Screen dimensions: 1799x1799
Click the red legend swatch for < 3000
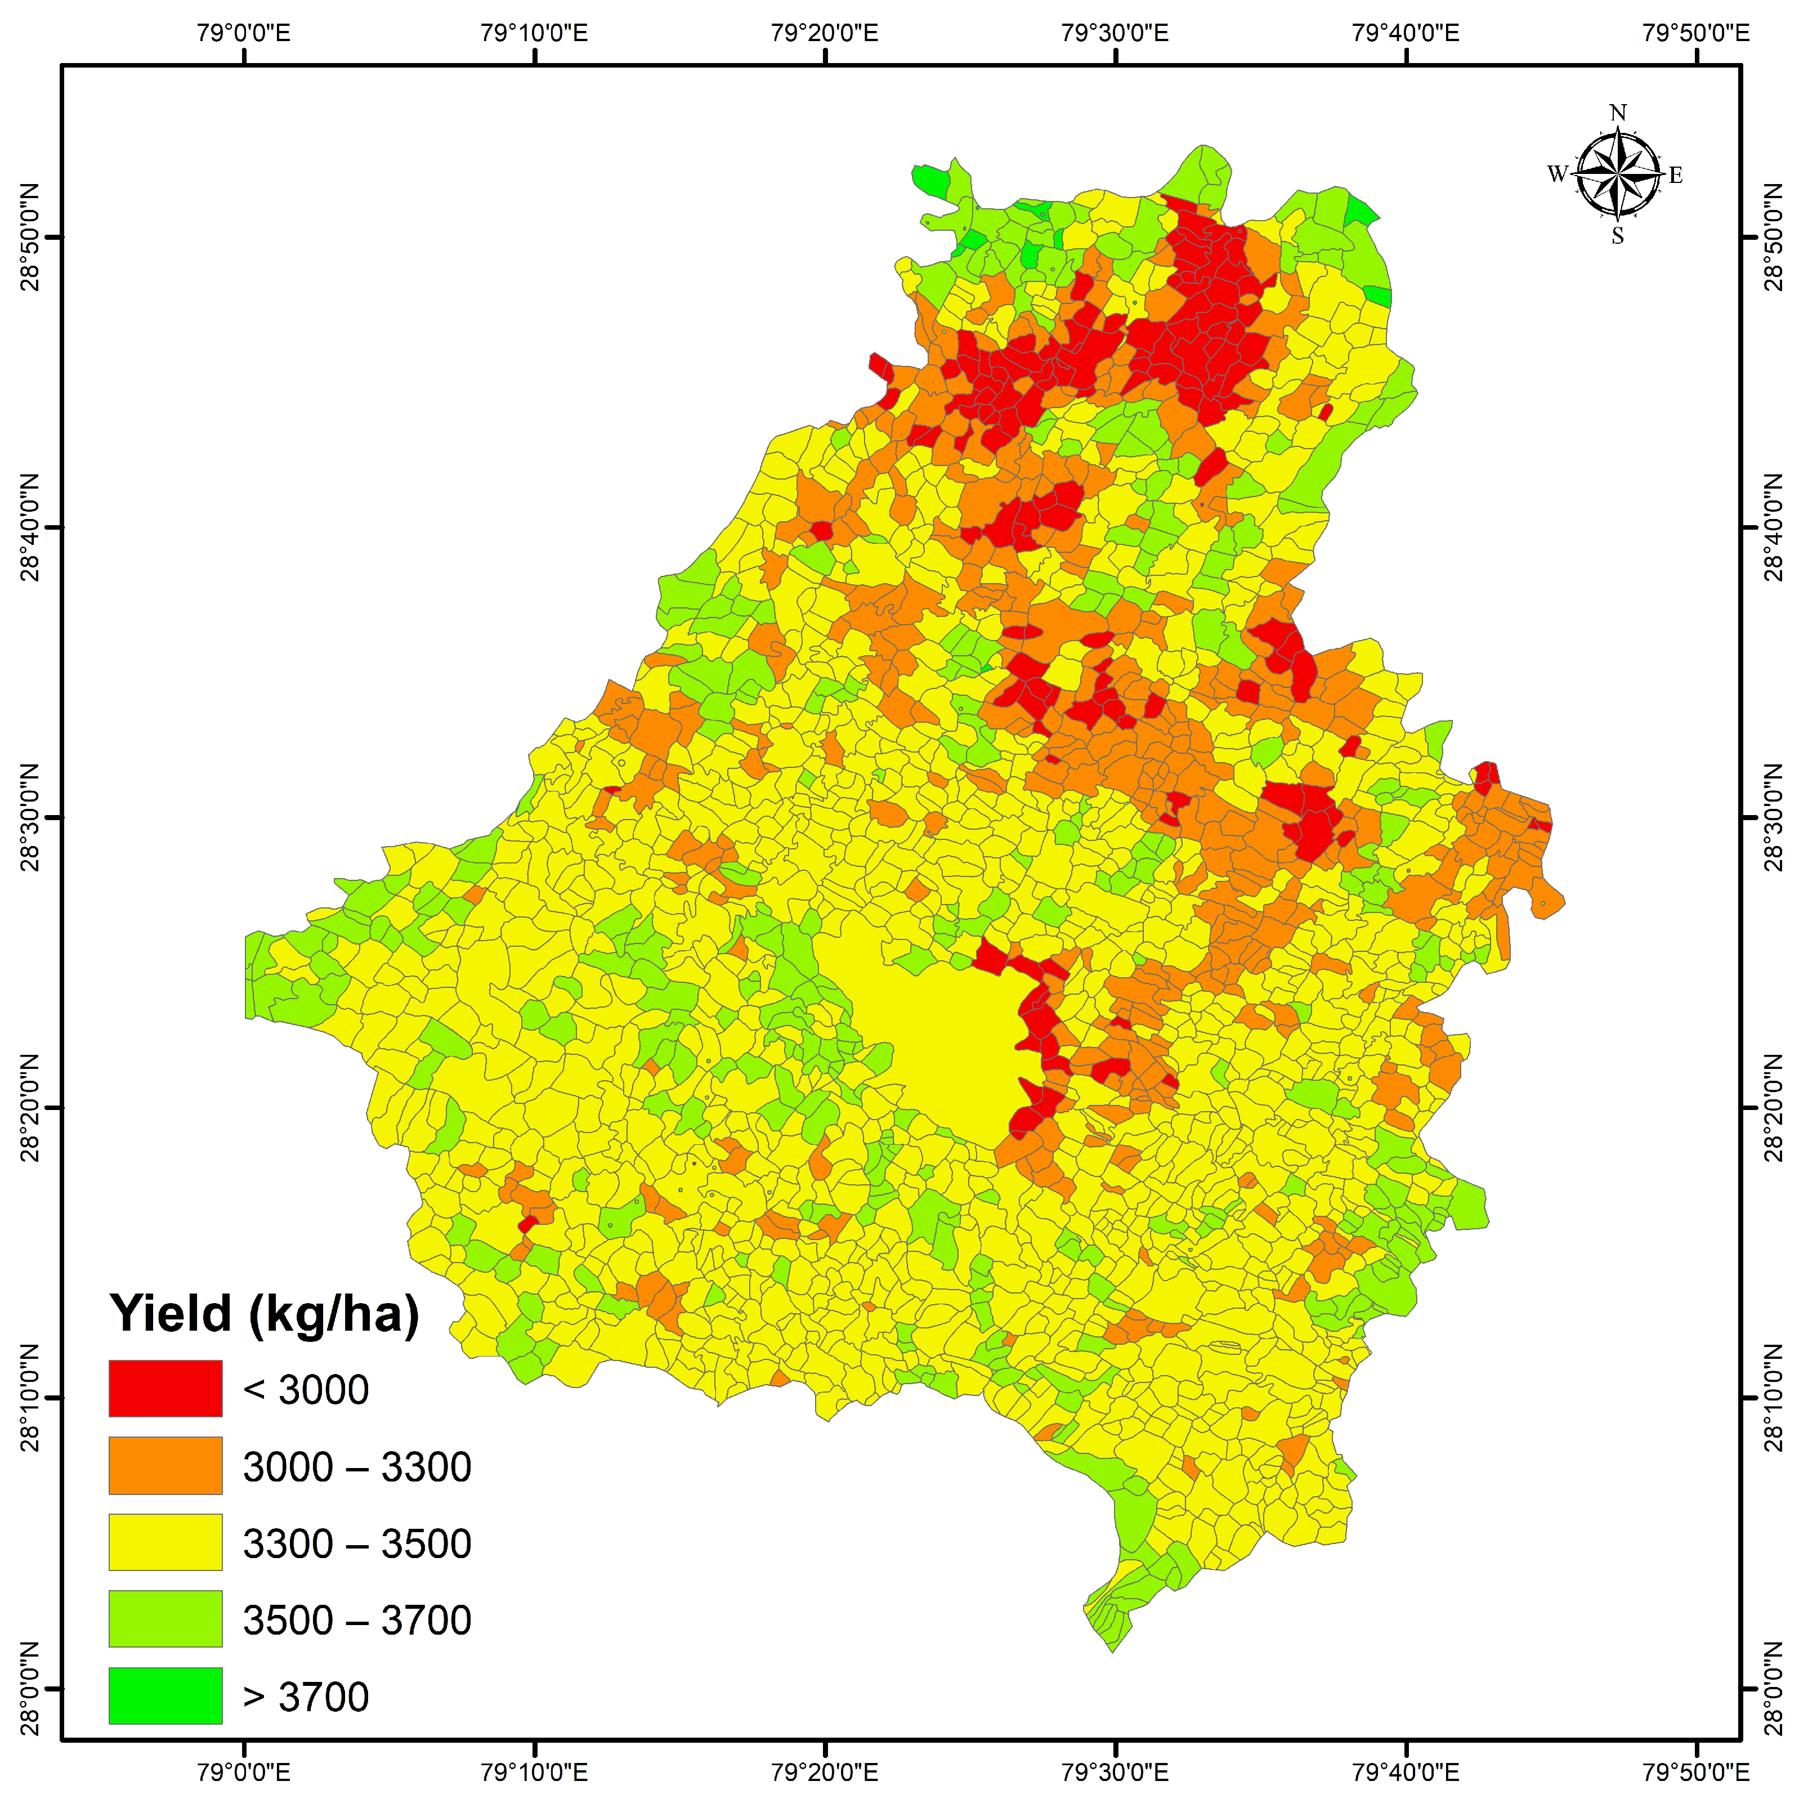(x=165, y=1388)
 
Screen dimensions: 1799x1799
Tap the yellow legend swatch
(x=165, y=1542)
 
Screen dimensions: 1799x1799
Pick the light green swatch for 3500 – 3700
(x=165, y=1618)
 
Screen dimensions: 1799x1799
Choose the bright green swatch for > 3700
(x=165, y=1695)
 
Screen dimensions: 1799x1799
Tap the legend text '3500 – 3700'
(x=357, y=1620)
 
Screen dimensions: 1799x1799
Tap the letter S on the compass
(x=1618, y=236)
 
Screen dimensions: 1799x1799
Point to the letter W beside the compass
(x=1557, y=174)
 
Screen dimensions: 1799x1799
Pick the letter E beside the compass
(x=1676, y=175)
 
